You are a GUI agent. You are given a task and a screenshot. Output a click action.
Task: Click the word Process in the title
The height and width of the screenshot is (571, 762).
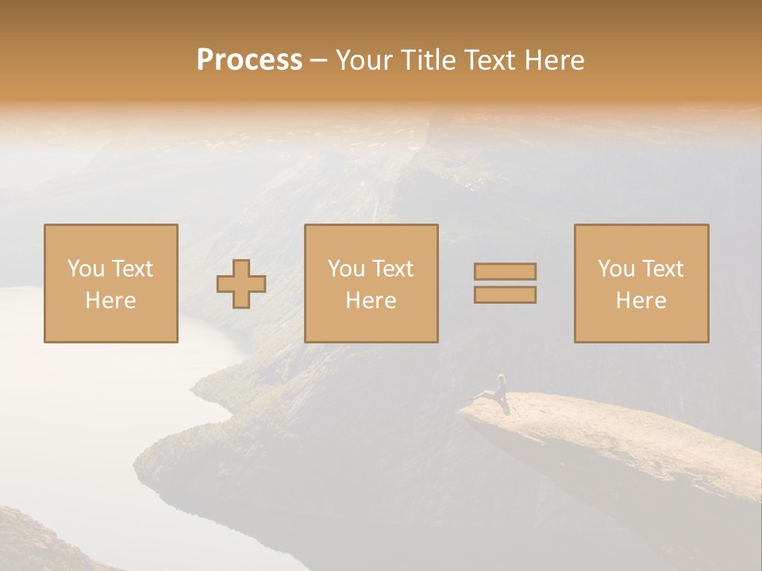(249, 60)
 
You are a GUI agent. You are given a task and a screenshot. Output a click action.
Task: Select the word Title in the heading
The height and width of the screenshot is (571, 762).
(426, 60)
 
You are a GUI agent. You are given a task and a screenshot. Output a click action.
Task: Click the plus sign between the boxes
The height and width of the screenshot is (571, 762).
(242, 284)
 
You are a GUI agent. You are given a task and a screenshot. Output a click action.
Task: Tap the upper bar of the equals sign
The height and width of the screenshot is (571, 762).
(505, 271)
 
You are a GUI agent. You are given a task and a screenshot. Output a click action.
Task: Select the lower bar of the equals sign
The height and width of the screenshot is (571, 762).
(505, 295)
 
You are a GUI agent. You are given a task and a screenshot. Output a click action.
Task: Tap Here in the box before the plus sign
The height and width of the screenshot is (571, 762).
(110, 301)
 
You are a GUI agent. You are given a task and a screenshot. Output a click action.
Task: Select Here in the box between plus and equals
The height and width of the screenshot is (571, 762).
(371, 301)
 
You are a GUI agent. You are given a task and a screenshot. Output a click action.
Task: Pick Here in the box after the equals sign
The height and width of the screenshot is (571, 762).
(641, 301)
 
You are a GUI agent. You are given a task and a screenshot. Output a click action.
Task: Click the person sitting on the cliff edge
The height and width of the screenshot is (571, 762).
(499, 389)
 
